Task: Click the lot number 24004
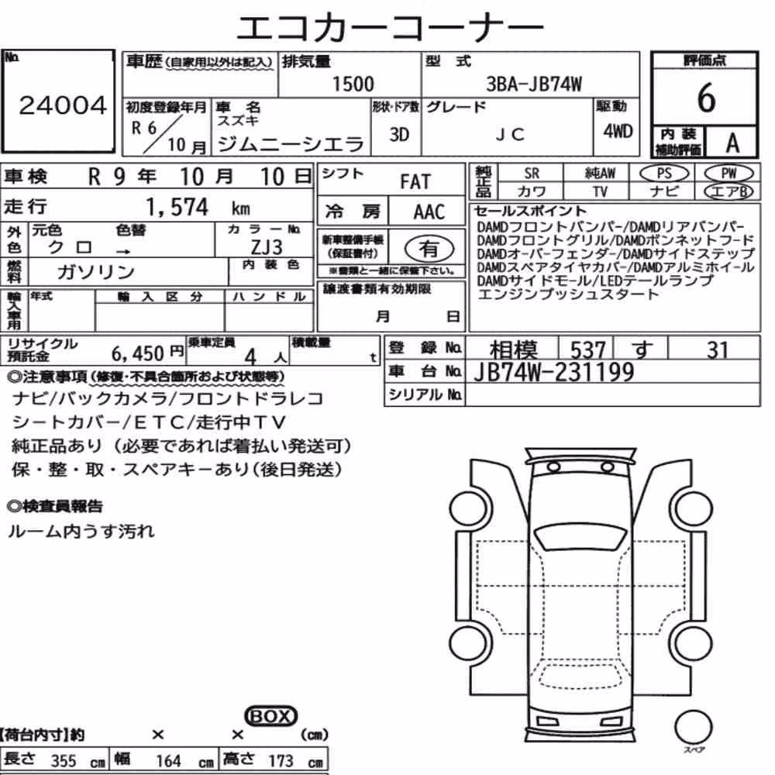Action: click(63, 105)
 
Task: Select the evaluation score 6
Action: click(706, 97)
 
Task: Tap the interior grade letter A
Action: click(732, 143)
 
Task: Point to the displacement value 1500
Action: click(353, 84)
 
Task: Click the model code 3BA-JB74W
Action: click(534, 84)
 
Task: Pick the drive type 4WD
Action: click(618, 131)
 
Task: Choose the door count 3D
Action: click(399, 134)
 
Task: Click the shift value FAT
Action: click(415, 181)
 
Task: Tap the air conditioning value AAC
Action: click(429, 212)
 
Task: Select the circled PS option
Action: click(663, 174)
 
